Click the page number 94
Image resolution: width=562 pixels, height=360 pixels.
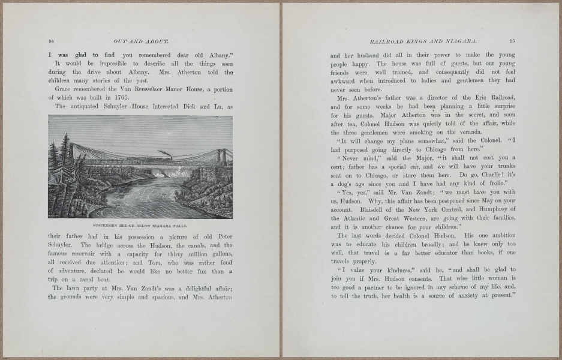(x=51, y=41)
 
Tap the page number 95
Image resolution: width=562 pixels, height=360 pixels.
(x=512, y=41)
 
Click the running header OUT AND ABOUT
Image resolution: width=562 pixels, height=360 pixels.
(x=140, y=41)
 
